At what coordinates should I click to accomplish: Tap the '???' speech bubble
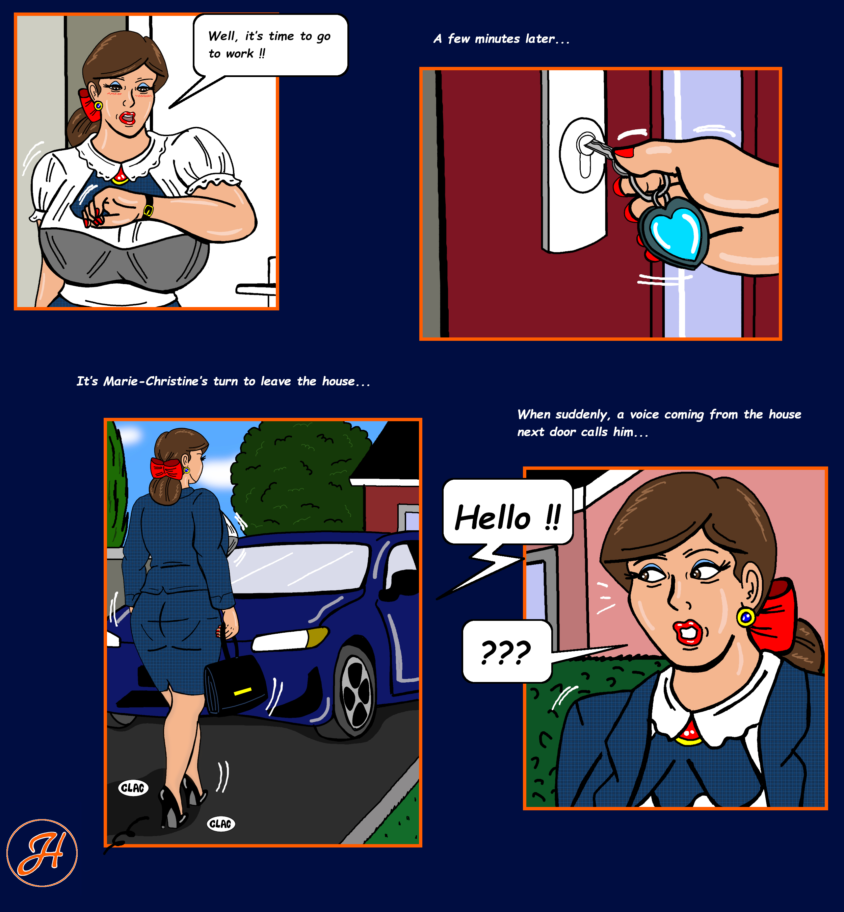point(507,651)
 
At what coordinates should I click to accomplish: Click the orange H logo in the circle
point(42,853)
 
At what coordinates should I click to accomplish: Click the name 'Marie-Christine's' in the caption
point(156,381)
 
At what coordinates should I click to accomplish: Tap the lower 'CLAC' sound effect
point(221,824)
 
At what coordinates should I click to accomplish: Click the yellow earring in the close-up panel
point(746,618)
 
